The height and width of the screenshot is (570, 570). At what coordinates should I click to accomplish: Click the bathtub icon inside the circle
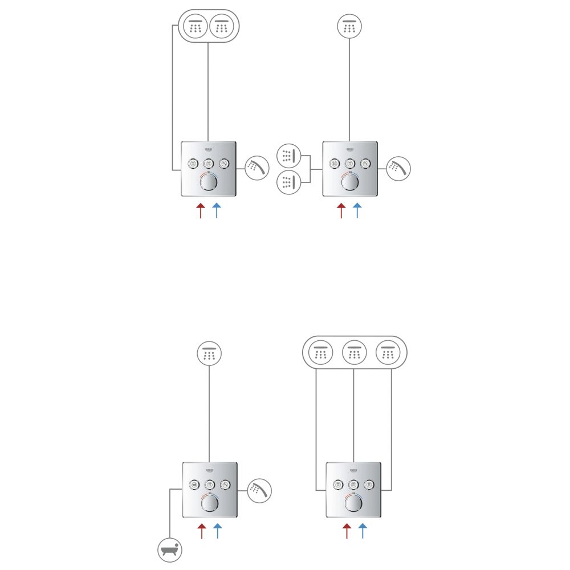[169, 551]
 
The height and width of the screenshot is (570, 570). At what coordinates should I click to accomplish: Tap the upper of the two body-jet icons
[288, 155]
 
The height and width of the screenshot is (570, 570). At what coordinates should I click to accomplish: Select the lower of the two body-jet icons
[288, 182]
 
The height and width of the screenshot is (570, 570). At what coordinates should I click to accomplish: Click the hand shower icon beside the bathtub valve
[259, 490]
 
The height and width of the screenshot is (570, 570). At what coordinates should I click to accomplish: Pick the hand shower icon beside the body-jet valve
[398, 168]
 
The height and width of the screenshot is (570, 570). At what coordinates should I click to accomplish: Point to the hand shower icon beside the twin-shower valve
[257, 168]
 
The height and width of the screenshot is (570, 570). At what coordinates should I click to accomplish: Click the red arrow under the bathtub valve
[201, 531]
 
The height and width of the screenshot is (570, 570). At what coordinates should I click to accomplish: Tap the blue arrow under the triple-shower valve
[362, 531]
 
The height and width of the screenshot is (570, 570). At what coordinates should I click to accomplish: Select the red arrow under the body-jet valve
[341, 210]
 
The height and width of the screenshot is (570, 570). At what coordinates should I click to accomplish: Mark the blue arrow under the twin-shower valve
[216, 210]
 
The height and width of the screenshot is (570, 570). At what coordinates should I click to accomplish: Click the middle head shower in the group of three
[355, 353]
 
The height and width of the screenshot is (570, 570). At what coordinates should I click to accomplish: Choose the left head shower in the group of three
[320, 353]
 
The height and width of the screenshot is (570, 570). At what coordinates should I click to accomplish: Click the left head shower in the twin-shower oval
[196, 27]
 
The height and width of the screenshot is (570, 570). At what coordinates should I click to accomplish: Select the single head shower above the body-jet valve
[349, 27]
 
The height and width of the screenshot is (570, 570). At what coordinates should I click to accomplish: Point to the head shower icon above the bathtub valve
[209, 354]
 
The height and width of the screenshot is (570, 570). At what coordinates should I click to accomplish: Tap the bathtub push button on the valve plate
[194, 485]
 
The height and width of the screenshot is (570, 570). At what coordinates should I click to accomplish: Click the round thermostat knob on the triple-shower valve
[354, 503]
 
